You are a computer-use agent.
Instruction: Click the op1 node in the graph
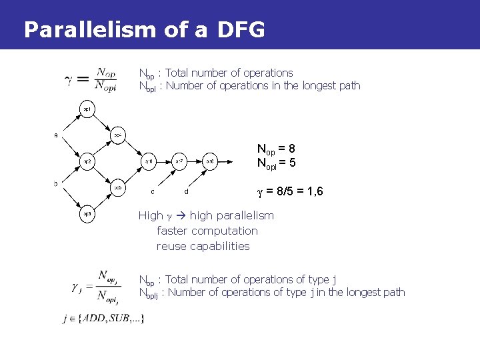pyautogui.click(x=87, y=108)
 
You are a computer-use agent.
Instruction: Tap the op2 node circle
pyautogui.click(x=87, y=161)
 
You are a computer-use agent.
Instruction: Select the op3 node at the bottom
pyautogui.click(x=87, y=214)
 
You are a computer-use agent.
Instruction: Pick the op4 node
pyautogui.click(x=117, y=135)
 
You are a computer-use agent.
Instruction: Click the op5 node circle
pyautogui.click(x=117, y=187)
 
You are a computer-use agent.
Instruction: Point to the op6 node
pyautogui.click(x=149, y=161)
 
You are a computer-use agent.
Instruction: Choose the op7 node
pyautogui.click(x=179, y=161)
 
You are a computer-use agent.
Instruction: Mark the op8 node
pyautogui.click(x=210, y=161)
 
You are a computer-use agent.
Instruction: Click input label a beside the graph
pyautogui.click(x=56, y=135)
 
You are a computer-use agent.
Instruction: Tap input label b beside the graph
pyautogui.click(x=56, y=183)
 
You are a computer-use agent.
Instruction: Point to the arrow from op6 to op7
pyautogui.click(x=165, y=161)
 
